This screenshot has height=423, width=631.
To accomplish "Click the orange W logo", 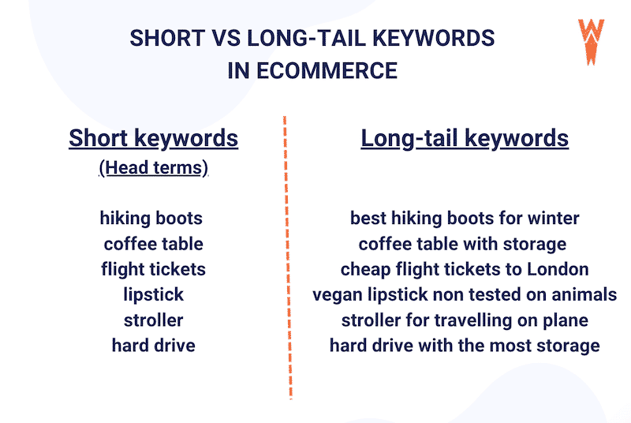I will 591,40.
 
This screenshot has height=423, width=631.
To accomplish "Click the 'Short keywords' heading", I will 153,138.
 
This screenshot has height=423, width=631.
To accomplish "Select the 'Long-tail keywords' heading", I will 465,138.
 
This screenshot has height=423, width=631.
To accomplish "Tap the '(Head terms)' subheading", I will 153,168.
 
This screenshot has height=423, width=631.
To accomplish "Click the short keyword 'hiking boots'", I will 151,219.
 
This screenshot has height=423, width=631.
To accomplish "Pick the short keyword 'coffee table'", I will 153,244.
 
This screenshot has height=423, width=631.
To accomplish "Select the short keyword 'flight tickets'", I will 153,269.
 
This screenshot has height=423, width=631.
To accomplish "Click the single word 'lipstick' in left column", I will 153,294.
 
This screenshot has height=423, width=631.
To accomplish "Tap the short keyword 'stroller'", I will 153,320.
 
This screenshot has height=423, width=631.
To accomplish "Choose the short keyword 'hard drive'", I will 153,345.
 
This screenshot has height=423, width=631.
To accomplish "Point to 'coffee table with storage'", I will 463,244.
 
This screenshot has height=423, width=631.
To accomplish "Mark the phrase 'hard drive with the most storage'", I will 465,345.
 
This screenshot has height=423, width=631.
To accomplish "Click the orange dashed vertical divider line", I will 287,260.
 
